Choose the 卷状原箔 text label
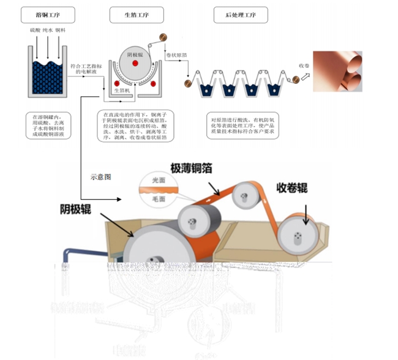coord(177,54)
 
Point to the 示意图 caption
coord(101,176)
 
